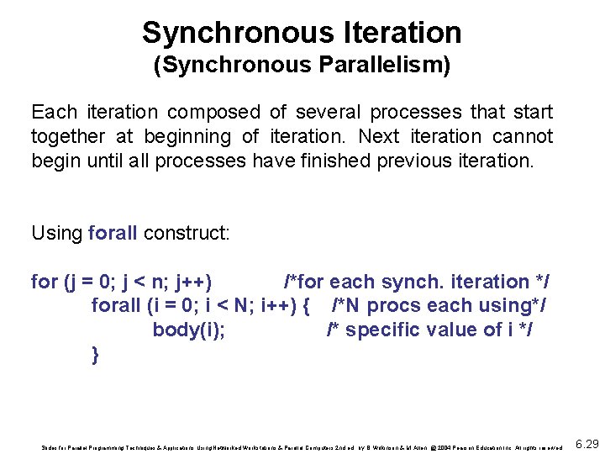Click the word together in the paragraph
[x=67, y=136]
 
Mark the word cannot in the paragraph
[x=524, y=136]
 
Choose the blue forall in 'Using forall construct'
[x=113, y=233]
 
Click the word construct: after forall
[x=187, y=233]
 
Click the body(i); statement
[x=188, y=330]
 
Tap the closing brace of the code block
[x=95, y=354]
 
